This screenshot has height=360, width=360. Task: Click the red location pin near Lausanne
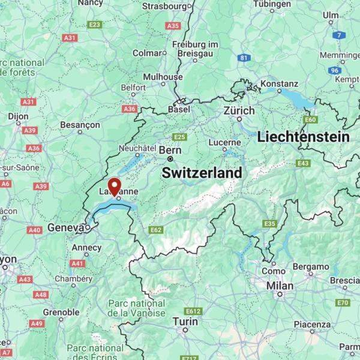point(113,185)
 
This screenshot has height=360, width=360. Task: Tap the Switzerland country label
point(203,173)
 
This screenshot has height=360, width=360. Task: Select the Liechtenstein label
point(303,137)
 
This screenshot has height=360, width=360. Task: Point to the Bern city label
point(170,150)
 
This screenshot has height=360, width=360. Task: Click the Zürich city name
point(239,111)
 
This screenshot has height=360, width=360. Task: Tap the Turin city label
point(185,322)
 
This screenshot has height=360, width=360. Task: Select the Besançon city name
point(80,125)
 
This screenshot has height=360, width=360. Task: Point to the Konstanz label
point(279,83)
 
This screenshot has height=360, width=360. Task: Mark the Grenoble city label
point(61,312)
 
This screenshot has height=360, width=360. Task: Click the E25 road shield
point(179,137)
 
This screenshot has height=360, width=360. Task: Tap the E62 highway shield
point(156,230)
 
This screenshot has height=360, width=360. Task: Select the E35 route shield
point(269,224)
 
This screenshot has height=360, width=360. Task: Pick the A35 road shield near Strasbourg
point(173,26)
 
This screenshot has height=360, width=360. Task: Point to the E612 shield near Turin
point(193,311)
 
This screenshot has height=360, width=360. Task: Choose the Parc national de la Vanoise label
point(136,308)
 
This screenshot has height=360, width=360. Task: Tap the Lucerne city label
point(225,143)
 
